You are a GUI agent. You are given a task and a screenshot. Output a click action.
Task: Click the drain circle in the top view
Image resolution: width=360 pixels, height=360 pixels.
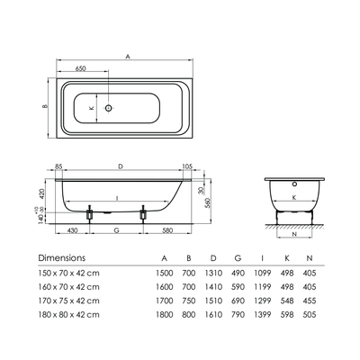pos(109,108)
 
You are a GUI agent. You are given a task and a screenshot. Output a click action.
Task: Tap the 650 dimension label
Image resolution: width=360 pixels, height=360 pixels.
pos(80,68)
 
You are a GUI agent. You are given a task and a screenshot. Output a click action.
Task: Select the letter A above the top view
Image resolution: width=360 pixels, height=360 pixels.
pos(128,57)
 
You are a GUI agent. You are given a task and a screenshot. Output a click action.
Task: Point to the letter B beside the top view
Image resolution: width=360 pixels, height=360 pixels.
pos(45,106)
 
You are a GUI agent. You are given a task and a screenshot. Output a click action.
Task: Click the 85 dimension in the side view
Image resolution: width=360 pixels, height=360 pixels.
pos(58,166)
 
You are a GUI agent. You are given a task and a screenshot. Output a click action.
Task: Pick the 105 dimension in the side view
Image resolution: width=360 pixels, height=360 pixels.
pos(187,166)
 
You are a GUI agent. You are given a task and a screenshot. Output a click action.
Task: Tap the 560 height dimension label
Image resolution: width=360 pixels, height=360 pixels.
pos(208,202)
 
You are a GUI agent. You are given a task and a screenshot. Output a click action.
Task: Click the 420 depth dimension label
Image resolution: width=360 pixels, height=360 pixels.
pos(42,193)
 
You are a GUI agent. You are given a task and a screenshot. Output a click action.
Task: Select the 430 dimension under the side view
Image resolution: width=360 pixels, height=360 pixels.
pos(72,230)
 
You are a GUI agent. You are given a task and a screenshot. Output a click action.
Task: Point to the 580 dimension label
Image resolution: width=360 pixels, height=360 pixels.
pos(167,230)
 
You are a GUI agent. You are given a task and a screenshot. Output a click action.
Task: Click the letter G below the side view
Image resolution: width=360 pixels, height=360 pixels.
pos(117,230)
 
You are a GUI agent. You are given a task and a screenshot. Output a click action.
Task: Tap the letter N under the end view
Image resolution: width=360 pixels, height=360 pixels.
pos(294,234)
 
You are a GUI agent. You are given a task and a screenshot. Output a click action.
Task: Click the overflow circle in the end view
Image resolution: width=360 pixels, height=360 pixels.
pos(294,184)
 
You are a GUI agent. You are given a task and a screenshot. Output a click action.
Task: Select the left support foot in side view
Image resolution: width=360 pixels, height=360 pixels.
pos(89,214)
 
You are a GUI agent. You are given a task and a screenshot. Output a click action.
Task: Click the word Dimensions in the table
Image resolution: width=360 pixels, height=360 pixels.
pos(62,257)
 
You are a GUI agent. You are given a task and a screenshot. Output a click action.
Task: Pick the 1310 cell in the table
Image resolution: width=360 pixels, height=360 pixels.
pos(213,274)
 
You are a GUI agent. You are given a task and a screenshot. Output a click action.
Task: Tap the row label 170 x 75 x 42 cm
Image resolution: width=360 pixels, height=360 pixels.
pos(68,301)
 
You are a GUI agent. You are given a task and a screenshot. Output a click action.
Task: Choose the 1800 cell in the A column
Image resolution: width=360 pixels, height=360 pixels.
pos(165,315)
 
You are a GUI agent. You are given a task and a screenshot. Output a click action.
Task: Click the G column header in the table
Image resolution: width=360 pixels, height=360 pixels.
pos(238,258)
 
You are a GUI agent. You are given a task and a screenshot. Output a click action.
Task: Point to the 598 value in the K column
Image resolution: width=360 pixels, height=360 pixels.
pos(287,315)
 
